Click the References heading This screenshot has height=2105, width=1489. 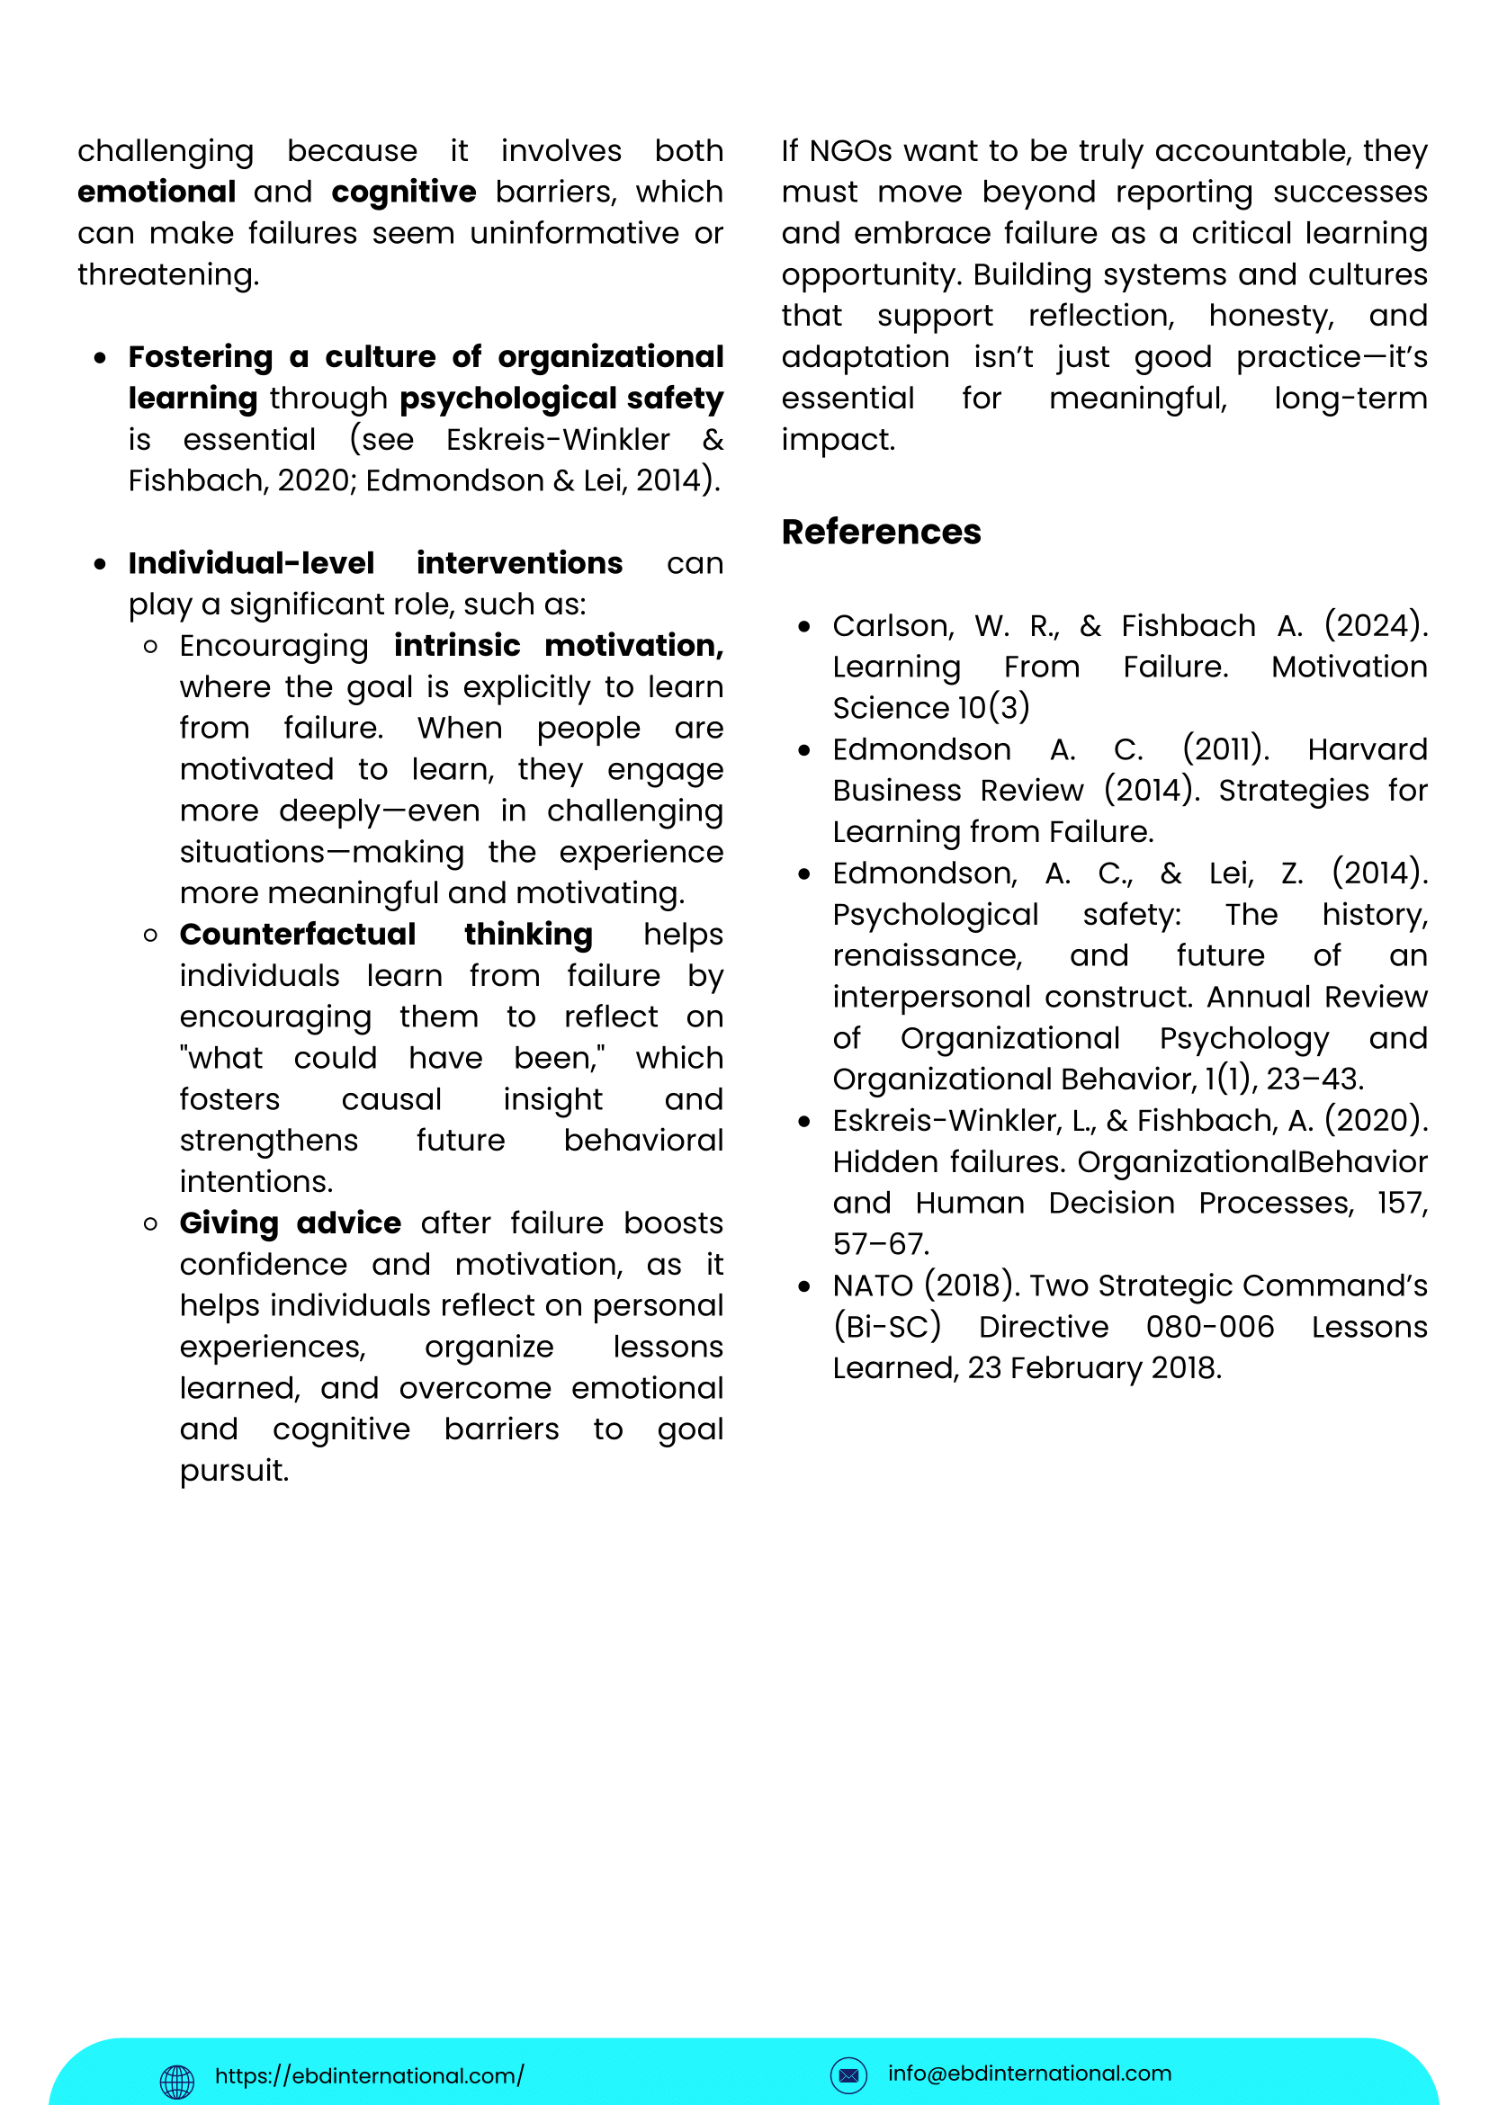coord(880,532)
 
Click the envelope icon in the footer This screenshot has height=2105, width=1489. coord(848,2074)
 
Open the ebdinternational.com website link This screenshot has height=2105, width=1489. coord(370,2074)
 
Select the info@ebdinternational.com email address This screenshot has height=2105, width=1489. coord(1028,2073)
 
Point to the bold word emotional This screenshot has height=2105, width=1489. coord(157,192)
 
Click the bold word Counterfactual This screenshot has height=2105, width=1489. coord(297,935)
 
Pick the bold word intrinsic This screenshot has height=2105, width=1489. coord(457,645)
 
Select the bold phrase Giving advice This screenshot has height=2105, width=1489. coord(290,1223)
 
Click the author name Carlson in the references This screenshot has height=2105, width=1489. coord(893,625)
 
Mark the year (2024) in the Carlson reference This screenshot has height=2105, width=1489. coord(1376,625)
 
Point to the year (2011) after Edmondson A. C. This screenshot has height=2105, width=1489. coord(1226,749)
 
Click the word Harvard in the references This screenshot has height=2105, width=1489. coord(1367,749)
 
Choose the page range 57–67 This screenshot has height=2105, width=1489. coord(880,1244)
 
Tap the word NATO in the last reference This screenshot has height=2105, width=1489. coord(872,1285)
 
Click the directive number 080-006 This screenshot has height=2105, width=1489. coord(1209,1327)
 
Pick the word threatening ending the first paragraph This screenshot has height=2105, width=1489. coord(166,274)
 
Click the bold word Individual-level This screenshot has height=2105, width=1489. coord(251,563)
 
